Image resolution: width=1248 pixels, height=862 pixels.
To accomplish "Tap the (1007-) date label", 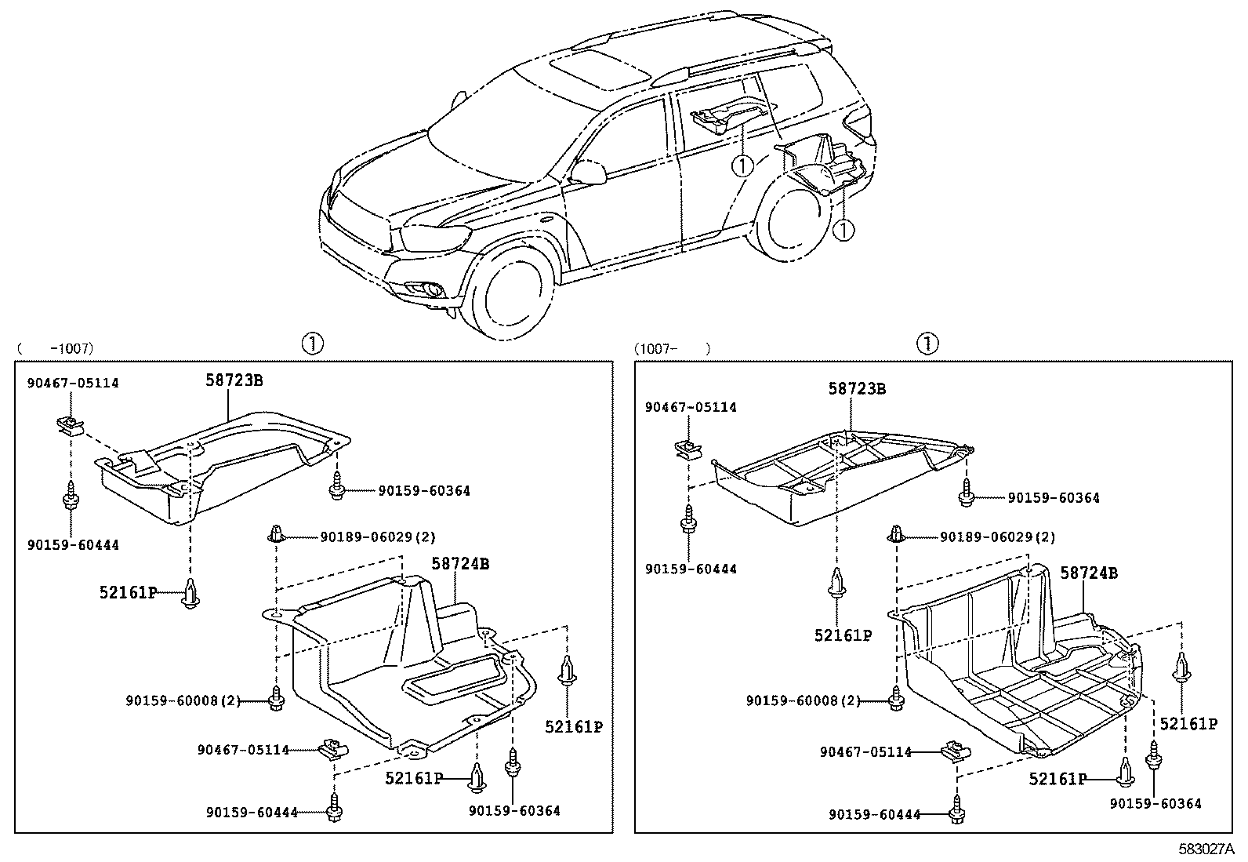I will click(x=672, y=348).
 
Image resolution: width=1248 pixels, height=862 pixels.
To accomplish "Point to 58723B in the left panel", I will click(x=234, y=380).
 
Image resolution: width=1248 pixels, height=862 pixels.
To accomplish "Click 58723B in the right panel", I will click(x=857, y=389).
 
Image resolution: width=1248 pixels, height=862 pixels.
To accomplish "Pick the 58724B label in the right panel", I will click(x=1089, y=573).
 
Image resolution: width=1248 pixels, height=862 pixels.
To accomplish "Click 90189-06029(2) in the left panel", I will click(x=377, y=537).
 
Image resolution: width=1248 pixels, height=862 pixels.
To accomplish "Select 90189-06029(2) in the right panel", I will click(x=997, y=537).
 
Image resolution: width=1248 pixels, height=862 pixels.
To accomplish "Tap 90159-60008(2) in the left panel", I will click(x=183, y=700).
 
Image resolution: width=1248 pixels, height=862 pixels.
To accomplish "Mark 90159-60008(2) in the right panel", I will click(x=803, y=700).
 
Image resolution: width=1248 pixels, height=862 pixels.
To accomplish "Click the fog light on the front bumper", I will click(x=433, y=293).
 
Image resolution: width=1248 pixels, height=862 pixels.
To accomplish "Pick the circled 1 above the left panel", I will click(x=312, y=344).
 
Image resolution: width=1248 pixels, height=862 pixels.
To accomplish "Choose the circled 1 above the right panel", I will click(x=927, y=344).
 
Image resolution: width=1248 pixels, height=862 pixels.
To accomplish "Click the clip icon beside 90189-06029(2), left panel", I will click(x=276, y=535).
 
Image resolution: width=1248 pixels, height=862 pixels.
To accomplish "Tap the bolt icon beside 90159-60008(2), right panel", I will click(x=897, y=697).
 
